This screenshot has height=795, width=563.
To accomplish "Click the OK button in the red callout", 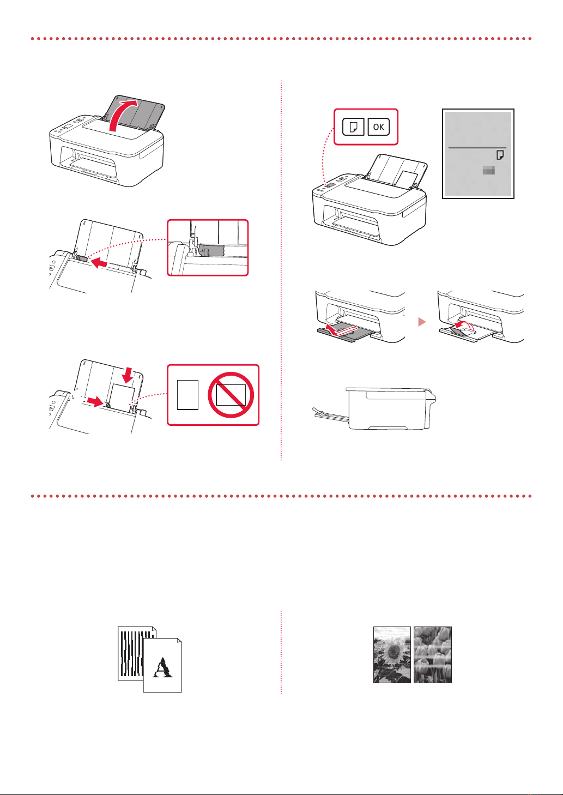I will pos(379,127).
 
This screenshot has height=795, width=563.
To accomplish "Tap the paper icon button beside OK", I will pos(353,127).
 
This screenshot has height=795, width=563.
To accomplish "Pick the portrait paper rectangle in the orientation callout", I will pos(186,395).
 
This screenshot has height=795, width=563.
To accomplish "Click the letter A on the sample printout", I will pos(162,667).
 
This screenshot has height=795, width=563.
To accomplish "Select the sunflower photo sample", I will pos(392,654).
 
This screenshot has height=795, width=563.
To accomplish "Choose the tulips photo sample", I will pos(433,654).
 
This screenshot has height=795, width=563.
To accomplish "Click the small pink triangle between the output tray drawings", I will pos(421,322).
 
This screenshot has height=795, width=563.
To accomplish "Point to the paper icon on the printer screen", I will pos(500,155).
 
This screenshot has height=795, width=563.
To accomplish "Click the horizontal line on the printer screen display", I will pos(477,147).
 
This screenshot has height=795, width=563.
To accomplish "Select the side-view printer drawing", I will pos(382,409).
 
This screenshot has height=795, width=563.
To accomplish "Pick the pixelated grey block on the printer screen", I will pos(489,171).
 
